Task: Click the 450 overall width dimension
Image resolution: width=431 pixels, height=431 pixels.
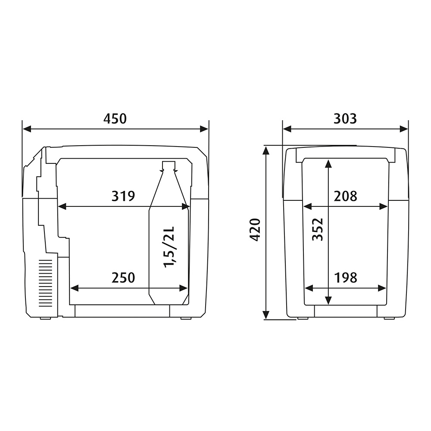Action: [x=115, y=119]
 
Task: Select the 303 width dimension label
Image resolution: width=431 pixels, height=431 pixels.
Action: [x=345, y=119]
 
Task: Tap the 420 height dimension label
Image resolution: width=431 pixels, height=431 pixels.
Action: [x=255, y=230]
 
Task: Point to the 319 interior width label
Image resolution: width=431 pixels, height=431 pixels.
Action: [x=123, y=196]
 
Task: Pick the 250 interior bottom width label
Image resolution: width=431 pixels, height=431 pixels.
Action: [x=123, y=278]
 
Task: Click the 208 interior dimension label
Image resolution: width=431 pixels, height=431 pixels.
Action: [x=346, y=196]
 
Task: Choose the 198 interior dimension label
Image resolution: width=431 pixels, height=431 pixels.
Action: [x=346, y=278]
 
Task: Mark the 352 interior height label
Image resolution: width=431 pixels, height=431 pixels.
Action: [x=318, y=230]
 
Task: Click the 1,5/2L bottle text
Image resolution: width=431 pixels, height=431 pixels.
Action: [x=169, y=247]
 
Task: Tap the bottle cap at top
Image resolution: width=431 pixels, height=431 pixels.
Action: [x=169, y=165]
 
